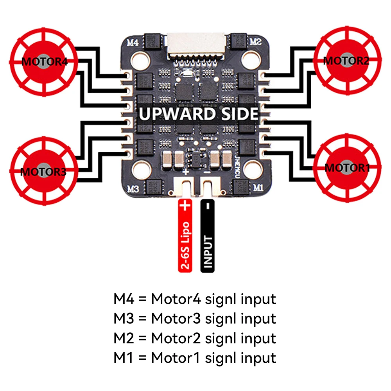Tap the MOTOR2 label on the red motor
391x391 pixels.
click(x=346, y=61)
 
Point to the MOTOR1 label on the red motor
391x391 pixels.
click(x=347, y=168)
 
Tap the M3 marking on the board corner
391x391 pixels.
click(x=133, y=188)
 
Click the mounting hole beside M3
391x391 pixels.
click(x=140, y=170)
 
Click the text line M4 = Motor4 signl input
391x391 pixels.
click(x=195, y=300)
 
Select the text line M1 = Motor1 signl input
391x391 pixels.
click(x=195, y=357)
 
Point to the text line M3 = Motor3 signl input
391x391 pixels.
click(x=195, y=319)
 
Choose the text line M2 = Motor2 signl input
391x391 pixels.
click(x=195, y=338)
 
